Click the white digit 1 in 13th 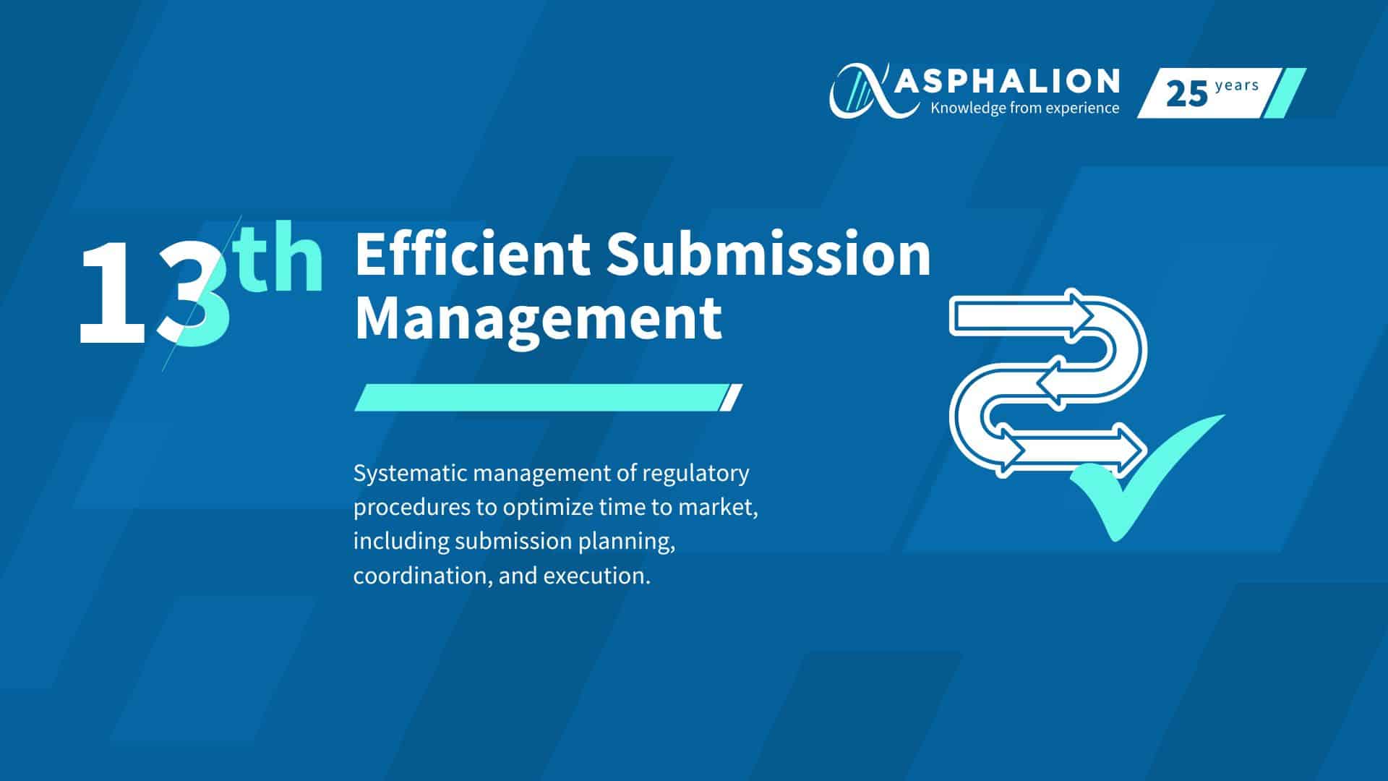point(112,294)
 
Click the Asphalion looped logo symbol point(865,90)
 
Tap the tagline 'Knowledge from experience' point(1025,108)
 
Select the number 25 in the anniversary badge point(1187,94)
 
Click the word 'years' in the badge point(1237,86)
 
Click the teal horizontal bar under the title point(548,398)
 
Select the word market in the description point(716,508)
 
